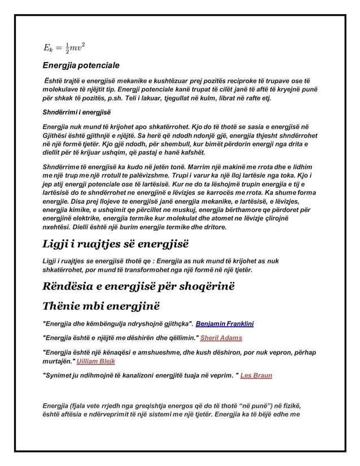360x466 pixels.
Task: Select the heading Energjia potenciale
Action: [81, 66]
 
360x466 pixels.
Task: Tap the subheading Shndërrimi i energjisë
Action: [77, 111]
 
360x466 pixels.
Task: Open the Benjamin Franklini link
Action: [225, 324]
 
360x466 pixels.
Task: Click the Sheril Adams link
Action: [221, 338]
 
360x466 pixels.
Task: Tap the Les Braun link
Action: [256, 375]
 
